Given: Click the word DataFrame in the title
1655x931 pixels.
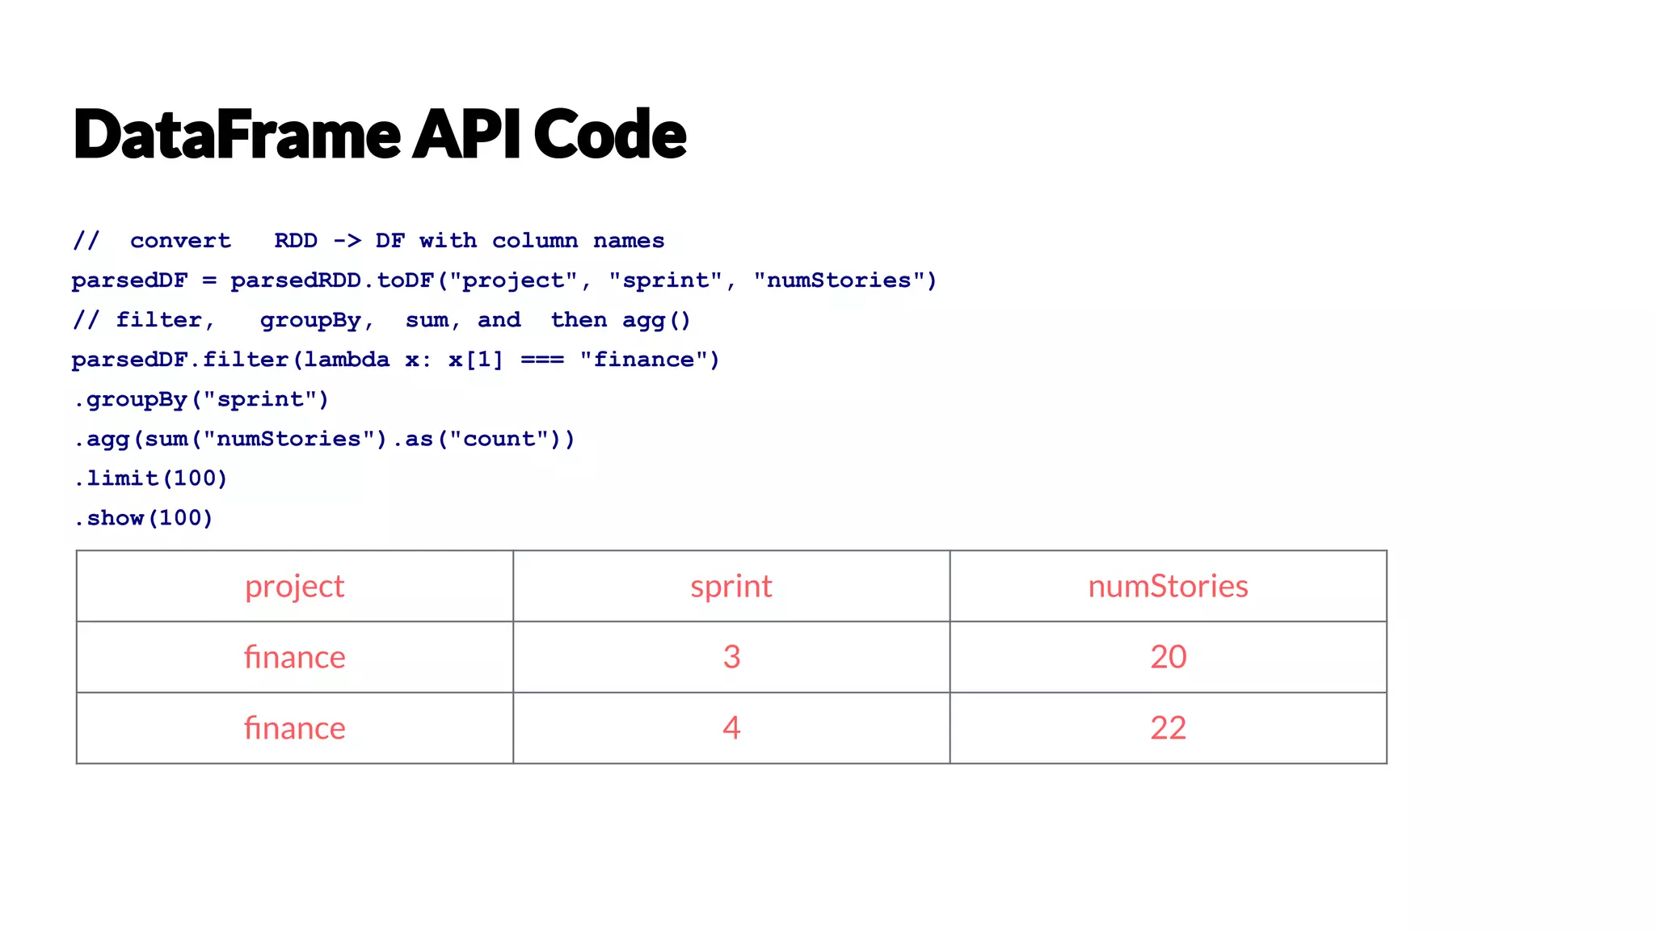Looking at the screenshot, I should (x=237, y=134).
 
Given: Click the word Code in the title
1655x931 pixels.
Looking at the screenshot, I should (x=609, y=134).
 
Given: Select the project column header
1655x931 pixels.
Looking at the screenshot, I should (x=295, y=587).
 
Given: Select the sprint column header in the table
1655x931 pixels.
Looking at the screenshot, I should (x=731, y=587).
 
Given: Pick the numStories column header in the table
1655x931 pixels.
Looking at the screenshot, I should (x=1168, y=587).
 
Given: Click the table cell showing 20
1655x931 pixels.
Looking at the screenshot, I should (x=1168, y=657).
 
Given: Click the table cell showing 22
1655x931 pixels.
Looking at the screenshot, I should (x=1168, y=728).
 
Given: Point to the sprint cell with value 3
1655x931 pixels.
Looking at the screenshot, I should (x=731, y=657).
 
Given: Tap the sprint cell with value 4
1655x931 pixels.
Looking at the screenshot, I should (x=731, y=728).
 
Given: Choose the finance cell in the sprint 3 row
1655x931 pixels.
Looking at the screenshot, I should (x=295, y=657).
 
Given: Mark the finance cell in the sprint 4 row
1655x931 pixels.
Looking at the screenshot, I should (x=295, y=728).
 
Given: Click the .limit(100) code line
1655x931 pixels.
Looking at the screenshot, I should (x=151, y=478).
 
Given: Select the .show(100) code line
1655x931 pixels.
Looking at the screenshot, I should (x=144, y=518).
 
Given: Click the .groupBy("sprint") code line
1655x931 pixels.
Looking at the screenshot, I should (x=201, y=399).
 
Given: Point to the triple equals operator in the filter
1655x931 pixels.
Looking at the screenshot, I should (x=541, y=360).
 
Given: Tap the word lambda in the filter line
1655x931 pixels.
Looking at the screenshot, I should (x=347, y=360).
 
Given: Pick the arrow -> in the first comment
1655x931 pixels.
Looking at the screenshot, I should (x=347, y=241).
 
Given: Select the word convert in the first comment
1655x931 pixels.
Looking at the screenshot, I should (x=180, y=241).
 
